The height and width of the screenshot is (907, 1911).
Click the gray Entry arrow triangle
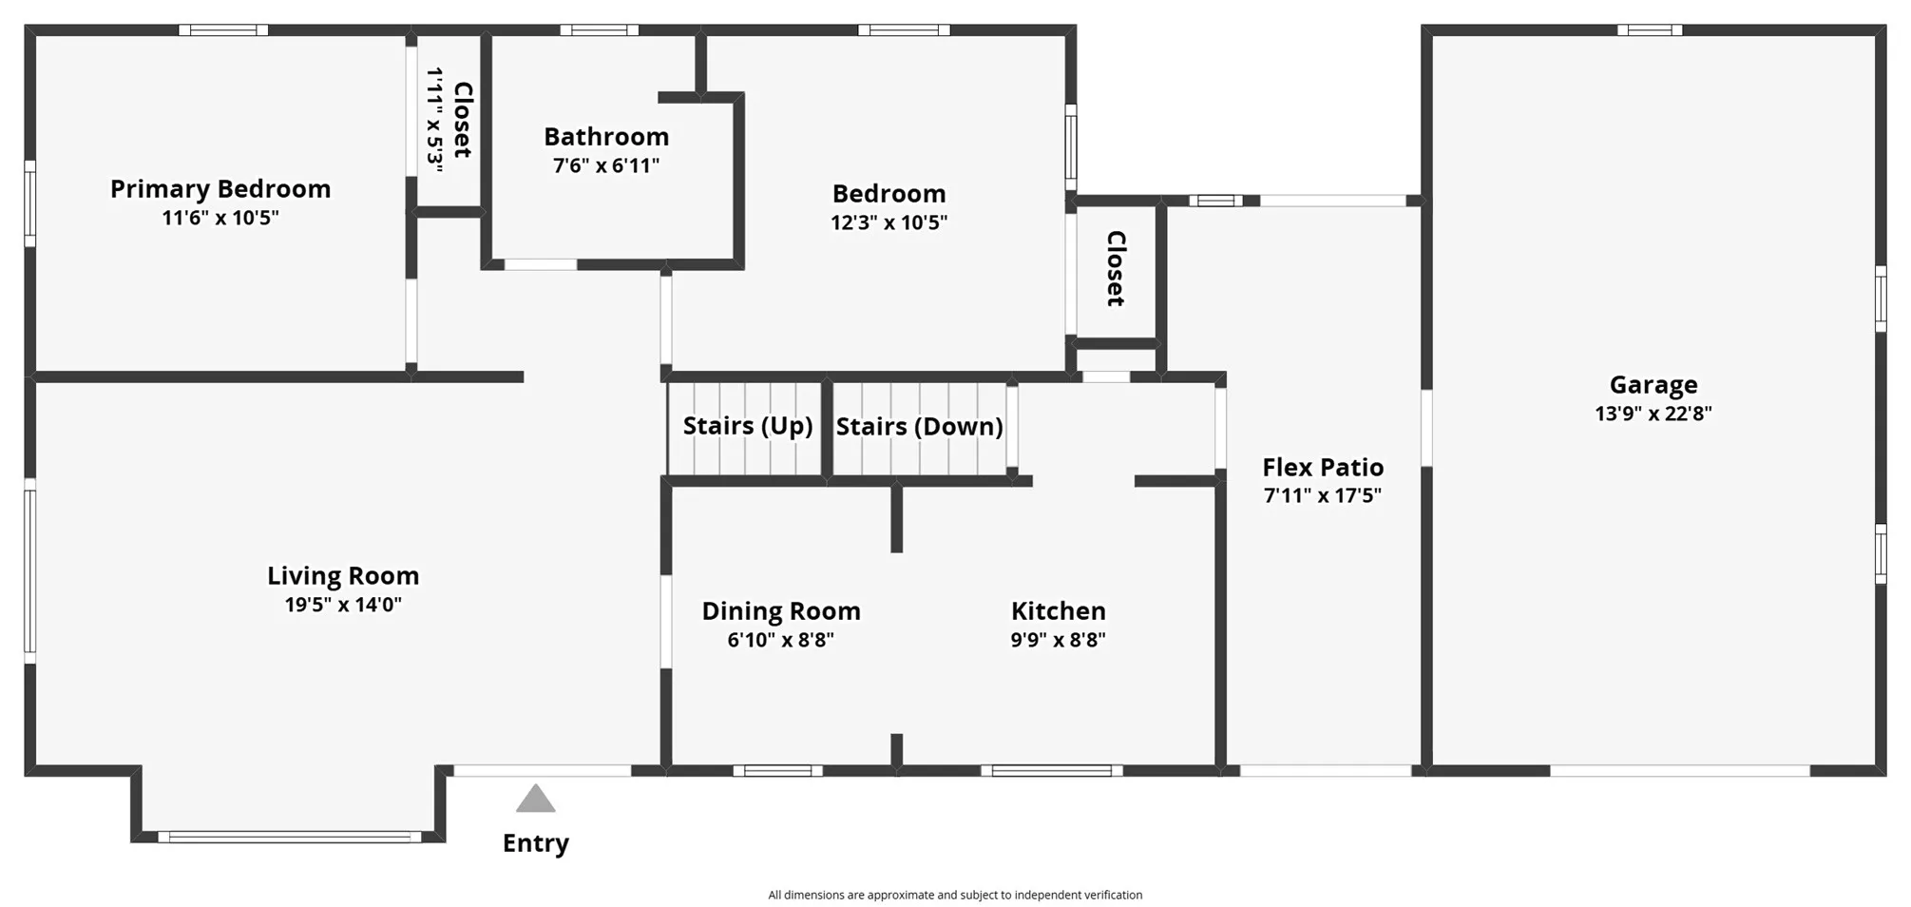[x=535, y=800]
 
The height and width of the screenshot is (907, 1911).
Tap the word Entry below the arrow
[x=535, y=843]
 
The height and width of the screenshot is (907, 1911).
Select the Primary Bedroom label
[x=220, y=189]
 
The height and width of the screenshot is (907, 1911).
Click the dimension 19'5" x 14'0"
[x=343, y=605]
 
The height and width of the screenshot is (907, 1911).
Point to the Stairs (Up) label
[x=748, y=426]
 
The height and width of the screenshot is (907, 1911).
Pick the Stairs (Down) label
[x=919, y=427]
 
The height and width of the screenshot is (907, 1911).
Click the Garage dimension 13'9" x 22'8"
[x=1653, y=414]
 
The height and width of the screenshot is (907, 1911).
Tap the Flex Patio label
[x=1323, y=468]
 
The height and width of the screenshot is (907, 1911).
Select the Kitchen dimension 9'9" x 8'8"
[x=1058, y=640]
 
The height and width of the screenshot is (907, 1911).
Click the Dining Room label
[x=781, y=611]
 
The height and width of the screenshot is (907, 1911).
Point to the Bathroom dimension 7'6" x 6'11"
[x=606, y=165]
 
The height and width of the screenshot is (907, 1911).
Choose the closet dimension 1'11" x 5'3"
[x=435, y=119]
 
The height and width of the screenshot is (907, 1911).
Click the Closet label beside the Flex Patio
[x=1116, y=269]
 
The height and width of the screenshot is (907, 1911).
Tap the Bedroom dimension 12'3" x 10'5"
[x=889, y=222]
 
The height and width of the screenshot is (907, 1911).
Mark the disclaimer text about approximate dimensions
[x=955, y=895]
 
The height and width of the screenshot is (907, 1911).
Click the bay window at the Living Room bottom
[x=289, y=837]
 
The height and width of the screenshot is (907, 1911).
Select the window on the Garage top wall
[x=1650, y=30]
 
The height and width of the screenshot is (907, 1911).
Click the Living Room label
[x=343, y=576]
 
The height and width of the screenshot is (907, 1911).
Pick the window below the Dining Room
[x=777, y=770]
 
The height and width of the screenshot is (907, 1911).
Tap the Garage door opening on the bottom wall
[x=1679, y=770]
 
